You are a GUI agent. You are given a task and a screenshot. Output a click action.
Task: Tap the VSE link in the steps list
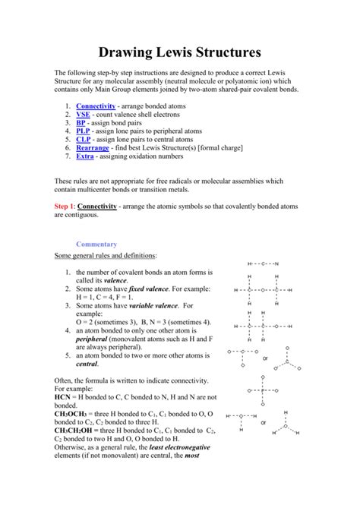pos(83,114)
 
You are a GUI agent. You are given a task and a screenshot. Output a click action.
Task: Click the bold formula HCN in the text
pos(63,396)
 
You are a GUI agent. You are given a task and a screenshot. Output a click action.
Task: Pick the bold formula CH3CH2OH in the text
pos(79,430)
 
